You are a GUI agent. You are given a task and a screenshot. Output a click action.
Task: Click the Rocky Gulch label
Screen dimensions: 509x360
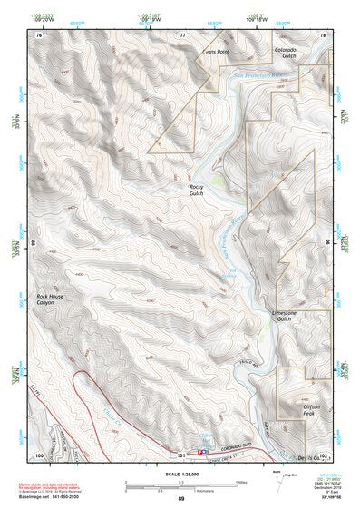coord(197,190)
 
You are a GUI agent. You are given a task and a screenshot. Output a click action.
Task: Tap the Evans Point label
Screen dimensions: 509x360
coord(219,52)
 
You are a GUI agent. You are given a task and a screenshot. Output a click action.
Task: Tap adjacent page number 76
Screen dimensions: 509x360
coord(39,34)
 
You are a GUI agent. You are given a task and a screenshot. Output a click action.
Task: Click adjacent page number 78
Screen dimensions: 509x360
coord(323,34)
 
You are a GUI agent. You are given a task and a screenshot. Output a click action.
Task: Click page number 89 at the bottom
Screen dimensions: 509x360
coord(180,498)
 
